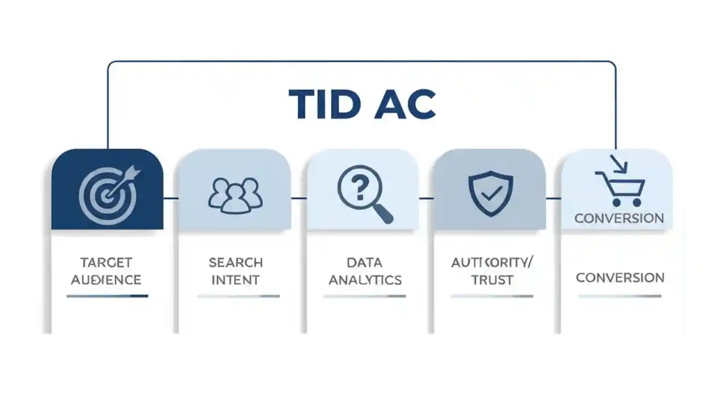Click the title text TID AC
pyautogui.click(x=362, y=104)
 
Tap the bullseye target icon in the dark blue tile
pyautogui.click(x=106, y=194)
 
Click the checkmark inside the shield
pyautogui.click(x=491, y=194)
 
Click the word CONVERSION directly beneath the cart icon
pyautogui.click(x=619, y=218)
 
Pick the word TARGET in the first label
pyautogui.click(x=106, y=262)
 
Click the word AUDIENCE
pyautogui.click(x=106, y=279)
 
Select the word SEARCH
pyautogui.click(x=236, y=262)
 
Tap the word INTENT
pyautogui.click(x=236, y=279)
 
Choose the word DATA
pyautogui.click(x=364, y=262)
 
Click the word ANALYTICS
pyautogui.click(x=365, y=279)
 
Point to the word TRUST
pyautogui.click(x=492, y=279)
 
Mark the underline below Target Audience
pyautogui.click(x=107, y=296)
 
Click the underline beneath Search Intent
pyautogui.click(x=238, y=296)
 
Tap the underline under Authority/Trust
pyautogui.click(x=492, y=296)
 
